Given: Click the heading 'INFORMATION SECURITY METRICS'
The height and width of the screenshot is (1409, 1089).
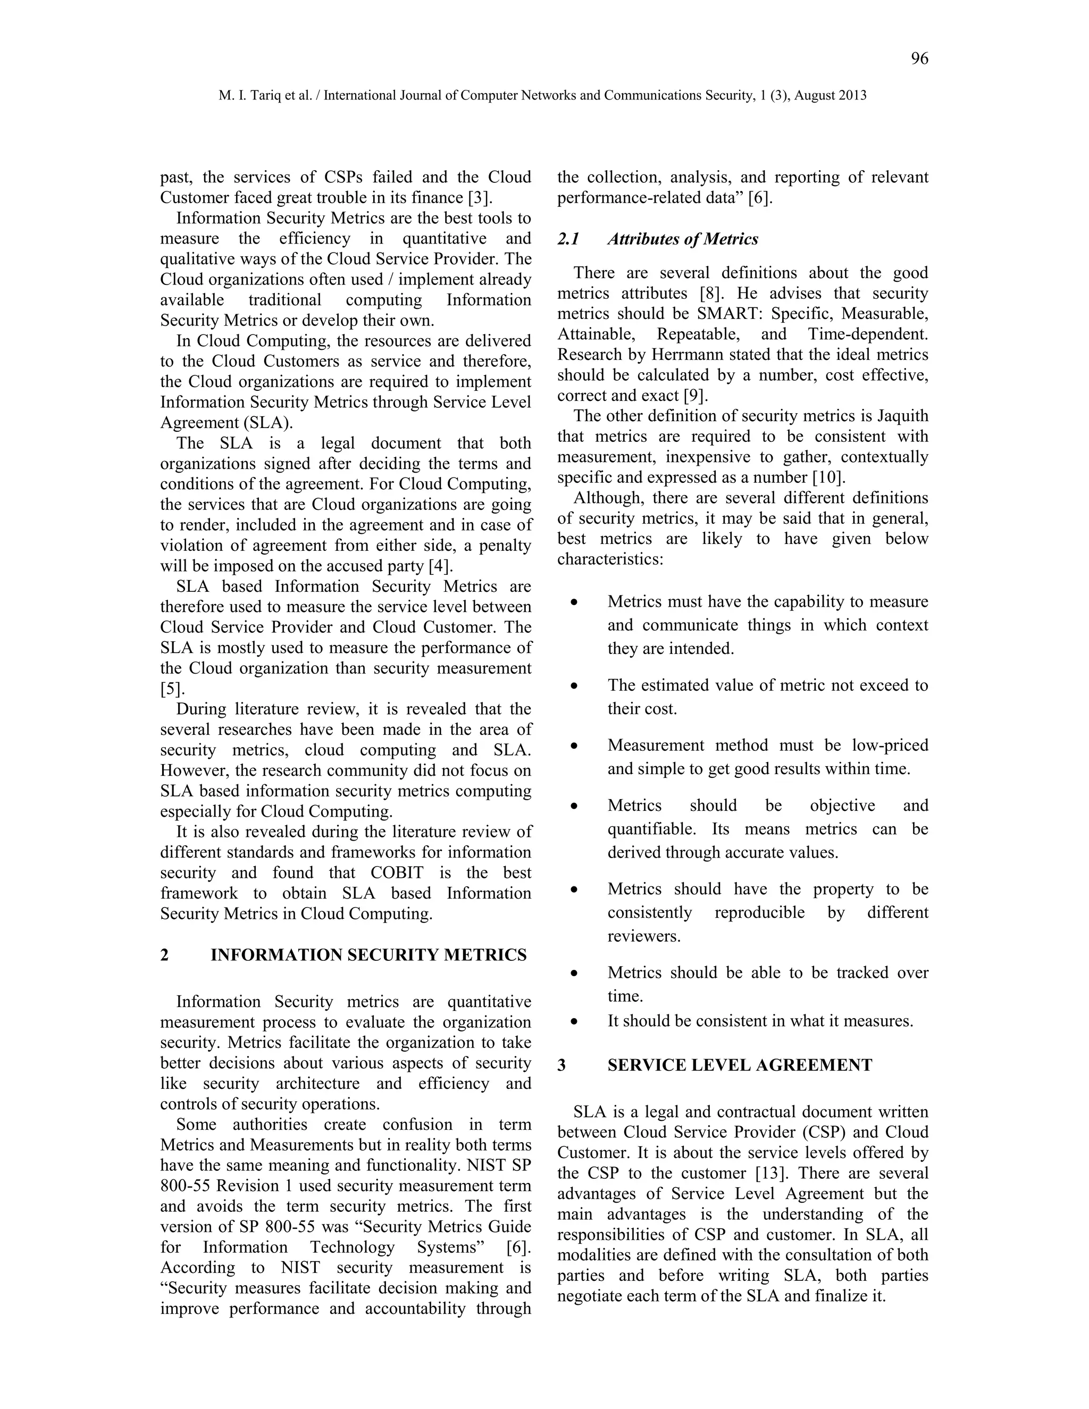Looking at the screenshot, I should pyautogui.click(x=368, y=955).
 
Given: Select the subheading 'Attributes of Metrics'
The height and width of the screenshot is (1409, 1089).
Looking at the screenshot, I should pyautogui.click(x=683, y=239).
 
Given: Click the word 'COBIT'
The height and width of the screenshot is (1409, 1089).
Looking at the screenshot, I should pyautogui.click(x=397, y=873).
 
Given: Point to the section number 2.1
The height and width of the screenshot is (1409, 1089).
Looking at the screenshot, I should pyautogui.click(x=568, y=239).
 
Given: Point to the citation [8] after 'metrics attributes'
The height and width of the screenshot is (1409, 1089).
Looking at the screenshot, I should pyautogui.click(x=712, y=293).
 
